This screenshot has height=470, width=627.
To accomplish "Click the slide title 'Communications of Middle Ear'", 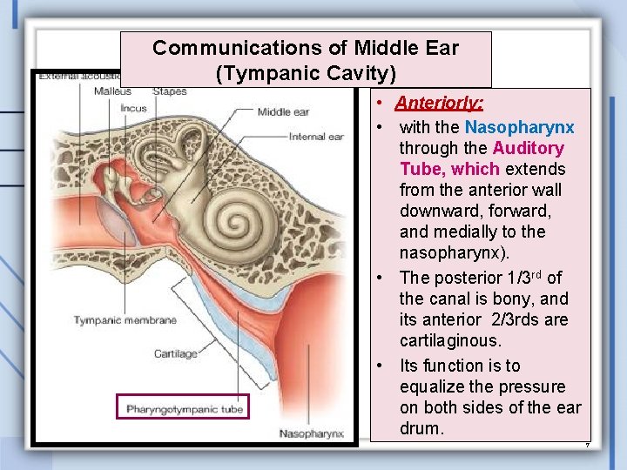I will click(x=305, y=48).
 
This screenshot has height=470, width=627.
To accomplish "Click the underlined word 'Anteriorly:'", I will click(x=439, y=104).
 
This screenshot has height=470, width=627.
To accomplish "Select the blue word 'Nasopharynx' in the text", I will click(x=519, y=128).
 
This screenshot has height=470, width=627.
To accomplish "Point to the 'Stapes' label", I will click(x=169, y=91).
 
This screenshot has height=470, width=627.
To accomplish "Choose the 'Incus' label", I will click(x=133, y=109).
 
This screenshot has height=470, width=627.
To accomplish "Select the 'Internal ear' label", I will click(x=316, y=137).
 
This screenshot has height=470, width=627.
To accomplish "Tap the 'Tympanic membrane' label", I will click(x=125, y=320).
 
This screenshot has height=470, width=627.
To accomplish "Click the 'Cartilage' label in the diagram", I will click(x=175, y=354).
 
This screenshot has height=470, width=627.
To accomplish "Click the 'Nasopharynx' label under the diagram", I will click(x=311, y=433).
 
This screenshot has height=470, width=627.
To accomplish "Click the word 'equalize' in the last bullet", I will click(x=439, y=386).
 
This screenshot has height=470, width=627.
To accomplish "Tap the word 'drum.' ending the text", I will click(x=421, y=428).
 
